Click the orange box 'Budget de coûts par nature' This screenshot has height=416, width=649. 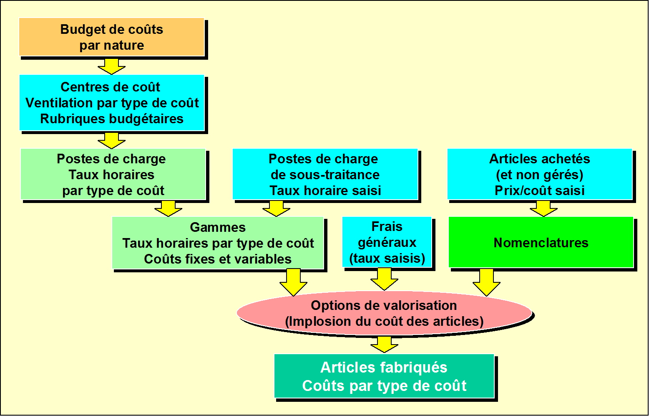112,37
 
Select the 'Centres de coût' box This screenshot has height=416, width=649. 112,103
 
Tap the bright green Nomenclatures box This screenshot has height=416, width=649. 541,242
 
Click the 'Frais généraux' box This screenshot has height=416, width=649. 387,242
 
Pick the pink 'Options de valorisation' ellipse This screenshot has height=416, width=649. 384,313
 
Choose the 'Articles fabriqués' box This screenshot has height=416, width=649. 384,376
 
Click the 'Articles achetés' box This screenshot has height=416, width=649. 539,174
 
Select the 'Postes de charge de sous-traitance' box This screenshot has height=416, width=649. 325,174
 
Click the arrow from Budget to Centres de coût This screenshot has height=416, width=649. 111,66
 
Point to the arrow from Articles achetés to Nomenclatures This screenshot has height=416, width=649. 543,208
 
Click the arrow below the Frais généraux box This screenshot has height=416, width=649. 384,279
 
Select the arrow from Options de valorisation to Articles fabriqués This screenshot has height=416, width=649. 384,345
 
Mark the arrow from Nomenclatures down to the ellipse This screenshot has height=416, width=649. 486,282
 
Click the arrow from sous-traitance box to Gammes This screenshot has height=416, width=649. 276,208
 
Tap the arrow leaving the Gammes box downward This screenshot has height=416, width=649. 294,282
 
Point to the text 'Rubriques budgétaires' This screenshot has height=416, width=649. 112,119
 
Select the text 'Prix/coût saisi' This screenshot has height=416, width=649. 539,190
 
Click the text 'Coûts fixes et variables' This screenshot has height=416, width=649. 218,259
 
